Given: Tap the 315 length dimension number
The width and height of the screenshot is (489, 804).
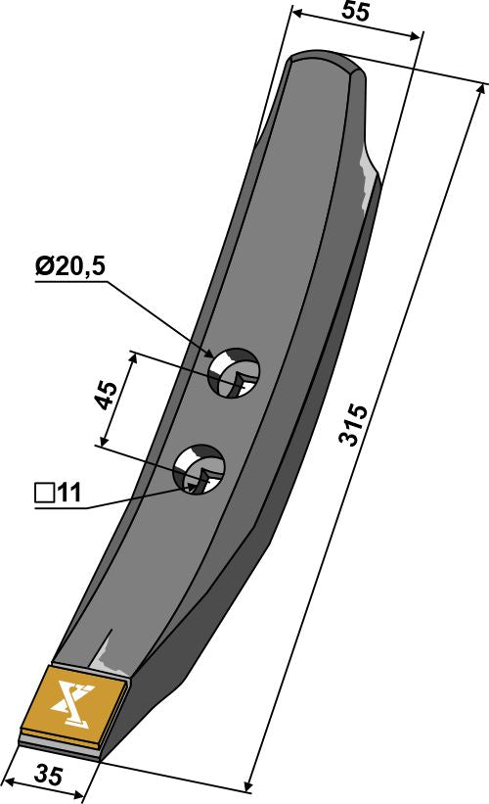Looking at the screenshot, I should coord(354,424).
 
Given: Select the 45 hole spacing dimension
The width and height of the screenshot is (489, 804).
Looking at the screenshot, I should coord(111,400).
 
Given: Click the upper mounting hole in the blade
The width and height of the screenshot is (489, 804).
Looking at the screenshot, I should coord(236,372).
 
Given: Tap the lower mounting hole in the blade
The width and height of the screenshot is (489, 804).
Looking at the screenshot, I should coord(200,469).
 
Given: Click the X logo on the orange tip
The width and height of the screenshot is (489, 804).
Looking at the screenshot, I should coord(74,703).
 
